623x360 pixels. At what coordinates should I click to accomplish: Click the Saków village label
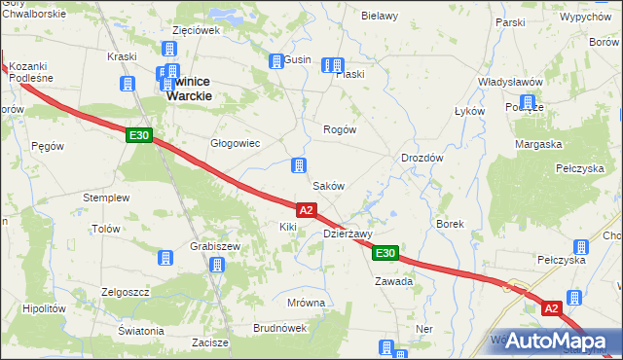click(x=327, y=185)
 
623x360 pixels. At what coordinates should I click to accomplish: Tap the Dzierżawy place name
click(x=348, y=234)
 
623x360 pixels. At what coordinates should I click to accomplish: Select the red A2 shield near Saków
click(x=306, y=209)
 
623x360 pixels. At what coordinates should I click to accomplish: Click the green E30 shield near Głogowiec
click(x=138, y=136)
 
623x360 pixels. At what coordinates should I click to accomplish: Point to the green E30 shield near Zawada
click(x=385, y=253)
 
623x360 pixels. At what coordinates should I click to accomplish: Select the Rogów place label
click(x=340, y=129)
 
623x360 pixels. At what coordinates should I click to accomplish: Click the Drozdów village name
click(x=422, y=158)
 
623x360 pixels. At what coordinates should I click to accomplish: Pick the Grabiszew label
click(x=216, y=246)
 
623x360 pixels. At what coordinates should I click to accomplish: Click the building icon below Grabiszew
click(x=216, y=265)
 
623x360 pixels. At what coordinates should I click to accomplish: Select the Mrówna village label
click(x=306, y=303)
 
